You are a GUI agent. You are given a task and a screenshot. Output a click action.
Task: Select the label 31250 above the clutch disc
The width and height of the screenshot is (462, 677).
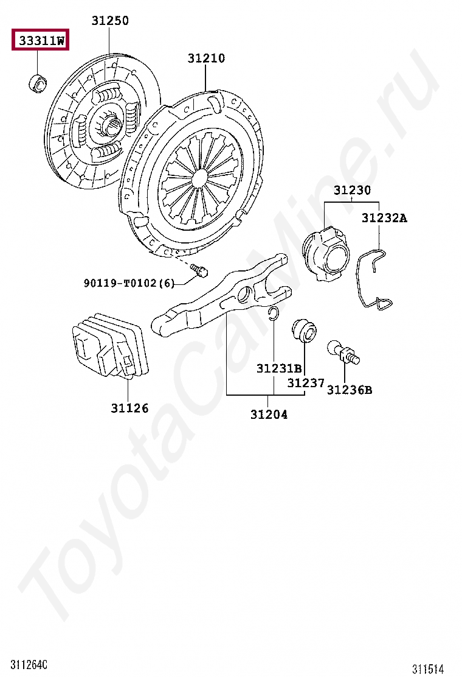pyautogui.click(x=110, y=21)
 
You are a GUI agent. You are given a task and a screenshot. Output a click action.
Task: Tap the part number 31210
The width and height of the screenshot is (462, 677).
pyautogui.click(x=205, y=58)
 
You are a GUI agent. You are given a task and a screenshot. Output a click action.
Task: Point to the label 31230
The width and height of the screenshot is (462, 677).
pyautogui.click(x=351, y=191)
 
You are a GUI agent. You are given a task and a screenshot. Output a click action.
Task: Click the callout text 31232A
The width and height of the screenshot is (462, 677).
pyautogui.click(x=384, y=217)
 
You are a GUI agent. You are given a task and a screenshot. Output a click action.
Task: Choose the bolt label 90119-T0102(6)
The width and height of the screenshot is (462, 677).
pyautogui.click(x=129, y=283)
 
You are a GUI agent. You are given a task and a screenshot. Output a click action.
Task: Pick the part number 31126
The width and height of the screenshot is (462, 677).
pyautogui.click(x=129, y=408)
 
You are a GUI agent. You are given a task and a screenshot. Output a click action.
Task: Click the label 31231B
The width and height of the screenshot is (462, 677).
pyautogui.click(x=278, y=368)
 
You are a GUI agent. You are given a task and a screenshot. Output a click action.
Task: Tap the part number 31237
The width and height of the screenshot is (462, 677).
pyautogui.click(x=306, y=383)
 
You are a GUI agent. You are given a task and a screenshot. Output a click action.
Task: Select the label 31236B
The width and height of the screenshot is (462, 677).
pyautogui.click(x=349, y=390)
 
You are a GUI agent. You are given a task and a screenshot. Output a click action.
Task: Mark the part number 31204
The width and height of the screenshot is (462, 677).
pyautogui.click(x=269, y=415)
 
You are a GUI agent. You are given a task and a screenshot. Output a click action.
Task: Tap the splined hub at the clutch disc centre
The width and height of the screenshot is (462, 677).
pyautogui.click(x=109, y=126)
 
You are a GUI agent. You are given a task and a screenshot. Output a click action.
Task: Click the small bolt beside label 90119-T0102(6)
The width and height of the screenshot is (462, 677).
pyautogui.click(x=199, y=269)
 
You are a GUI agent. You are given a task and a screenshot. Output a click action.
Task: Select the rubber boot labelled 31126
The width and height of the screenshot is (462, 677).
pyautogui.click(x=109, y=345)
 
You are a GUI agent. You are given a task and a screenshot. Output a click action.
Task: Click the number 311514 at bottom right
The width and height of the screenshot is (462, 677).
pyautogui.click(x=428, y=669)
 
